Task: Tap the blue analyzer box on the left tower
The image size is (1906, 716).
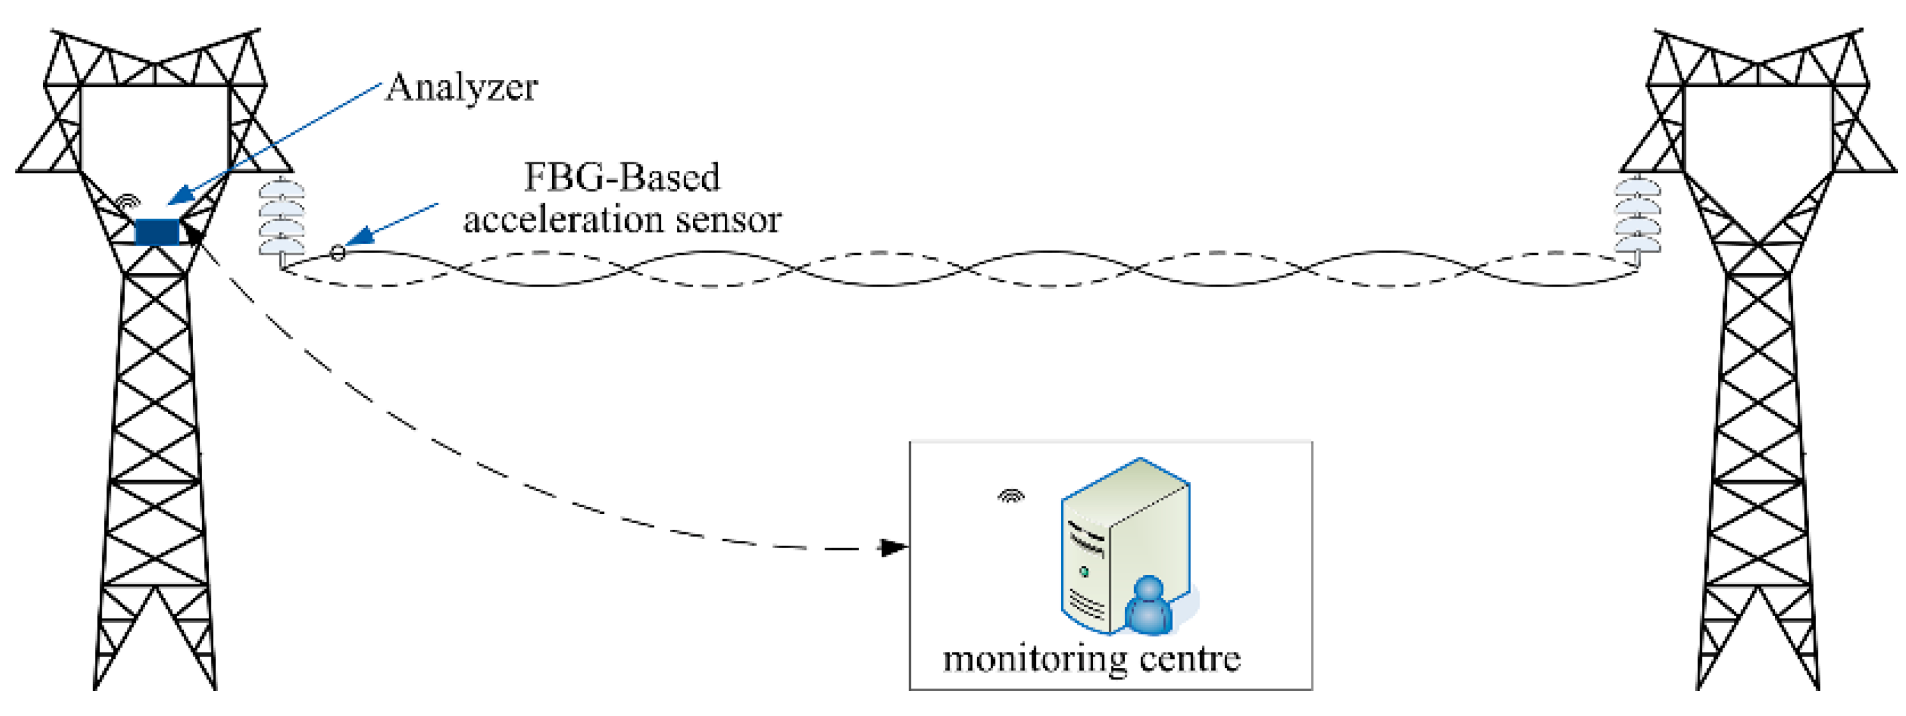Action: pyautogui.click(x=157, y=232)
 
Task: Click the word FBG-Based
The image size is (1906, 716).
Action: pyautogui.click(x=621, y=178)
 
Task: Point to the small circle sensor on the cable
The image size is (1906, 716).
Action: pyautogui.click(x=338, y=254)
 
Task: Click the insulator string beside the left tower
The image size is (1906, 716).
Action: pyautogui.click(x=281, y=218)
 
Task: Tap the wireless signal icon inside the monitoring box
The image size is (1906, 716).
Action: pyautogui.click(x=1012, y=496)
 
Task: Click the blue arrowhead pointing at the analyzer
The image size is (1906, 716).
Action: pyautogui.click(x=181, y=196)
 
